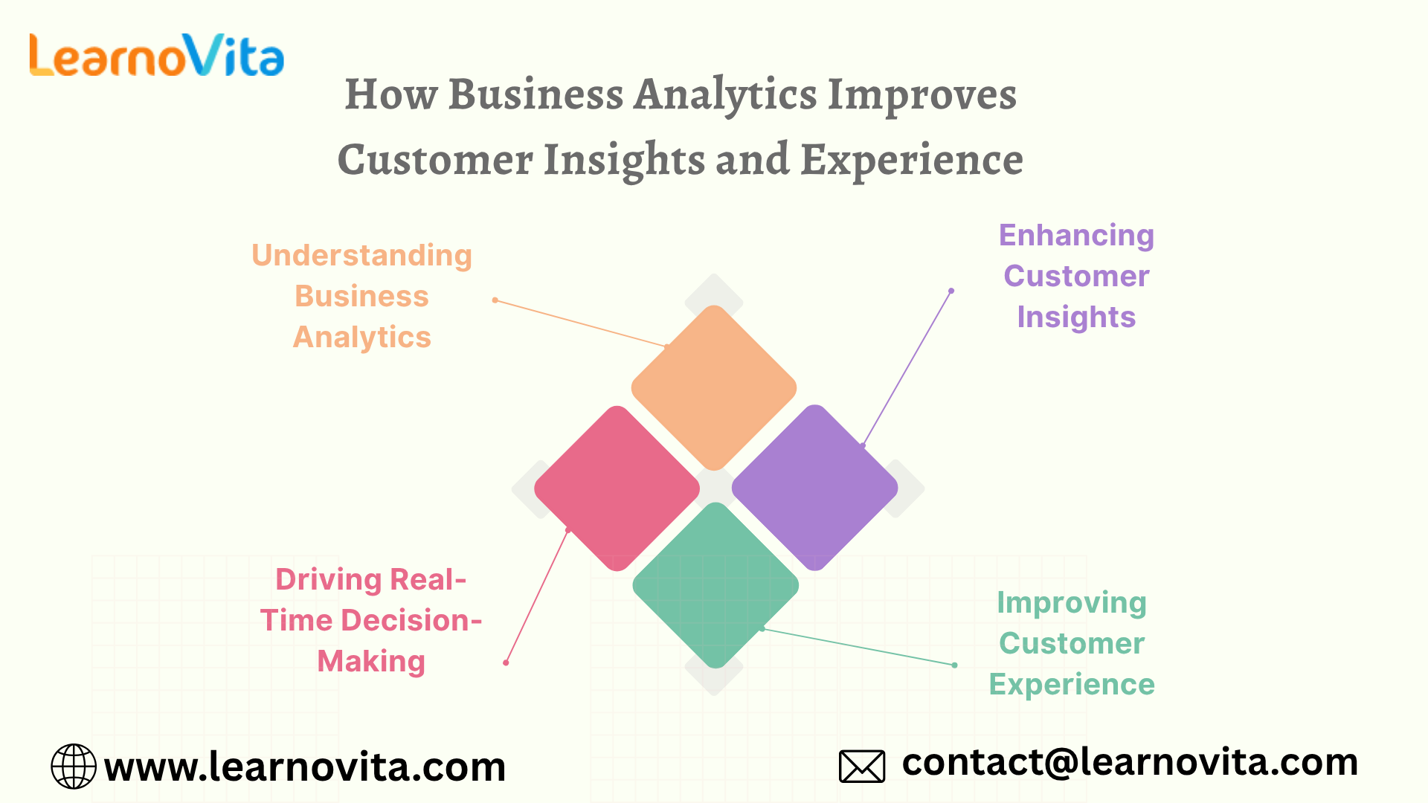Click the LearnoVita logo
(x=156, y=55)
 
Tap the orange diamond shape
(x=714, y=387)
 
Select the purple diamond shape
(x=815, y=488)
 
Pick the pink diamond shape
(x=617, y=488)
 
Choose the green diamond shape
(x=715, y=585)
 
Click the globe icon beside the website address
(x=74, y=766)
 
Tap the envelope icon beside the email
(x=862, y=766)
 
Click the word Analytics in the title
(x=725, y=95)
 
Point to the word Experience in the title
(x=912, y=160)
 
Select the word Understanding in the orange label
(x=362, y=255)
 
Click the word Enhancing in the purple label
(x=1076, y=236)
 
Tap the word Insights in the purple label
(x=1076, y=317)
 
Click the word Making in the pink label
(x=371, y=662)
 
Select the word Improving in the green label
(x=1072, y=603)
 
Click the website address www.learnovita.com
(x=305, y=767)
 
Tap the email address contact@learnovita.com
(x=1130, y=762)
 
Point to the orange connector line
(x=581, y=323)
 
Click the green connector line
(x=858, y=647)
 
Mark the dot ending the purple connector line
(x=951, y=291)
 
